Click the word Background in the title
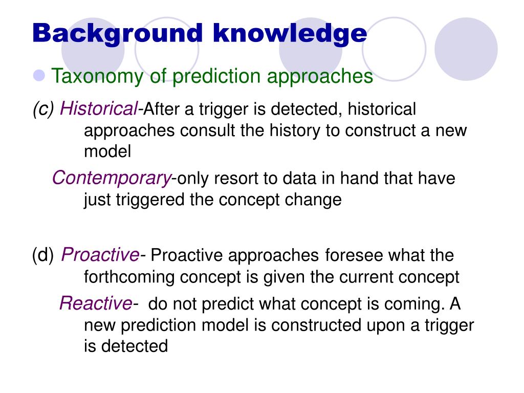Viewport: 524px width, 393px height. click(x=118, y=34)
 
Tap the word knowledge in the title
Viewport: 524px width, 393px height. click(x=290, y=34)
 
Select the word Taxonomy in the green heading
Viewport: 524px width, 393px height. click(x=97, y=77)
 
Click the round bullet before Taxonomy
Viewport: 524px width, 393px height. click(x=39, y=75)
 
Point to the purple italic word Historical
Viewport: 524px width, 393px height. click(x=99, y=108)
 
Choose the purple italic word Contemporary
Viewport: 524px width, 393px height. click(x=112, y=178)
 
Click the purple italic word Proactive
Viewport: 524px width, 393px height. click(x=100, y=255)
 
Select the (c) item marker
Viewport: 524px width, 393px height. click(x=43, y=110)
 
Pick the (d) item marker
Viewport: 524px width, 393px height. click(x=43, y=255)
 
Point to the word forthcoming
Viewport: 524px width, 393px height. click(x=129, y=277)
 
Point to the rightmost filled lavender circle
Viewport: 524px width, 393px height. click(x=466, y=49)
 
